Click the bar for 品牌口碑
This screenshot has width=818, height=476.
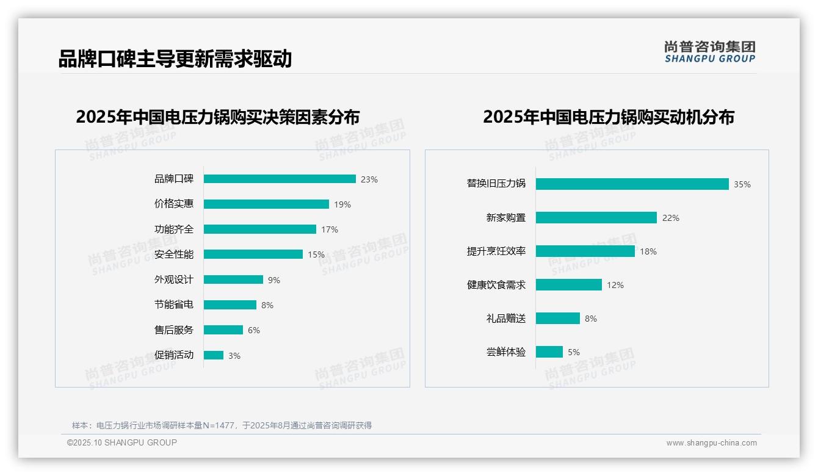pos(280,179)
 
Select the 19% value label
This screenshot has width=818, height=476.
pos(342,204)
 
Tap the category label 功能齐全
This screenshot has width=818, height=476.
pos(174,229)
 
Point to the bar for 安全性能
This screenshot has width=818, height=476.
pos(253,254)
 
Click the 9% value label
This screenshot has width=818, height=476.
pos(274,280)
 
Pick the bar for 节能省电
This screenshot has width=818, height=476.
pos(230,305)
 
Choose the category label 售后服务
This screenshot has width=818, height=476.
pos(174,330)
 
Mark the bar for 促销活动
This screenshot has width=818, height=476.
pos(214,355)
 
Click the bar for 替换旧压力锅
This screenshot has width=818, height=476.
pos(632,184)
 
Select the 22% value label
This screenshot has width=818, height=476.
pos(671,218)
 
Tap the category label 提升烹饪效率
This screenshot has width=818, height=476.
pos(496,251)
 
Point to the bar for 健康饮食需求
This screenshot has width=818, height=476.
pos(569,285)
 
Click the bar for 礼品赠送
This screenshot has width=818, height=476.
pos(558,319)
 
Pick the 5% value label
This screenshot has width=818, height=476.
pos(574,352)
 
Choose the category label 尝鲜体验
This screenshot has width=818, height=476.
pos(506,352)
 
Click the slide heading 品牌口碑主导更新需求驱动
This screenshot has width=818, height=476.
pos(175,59)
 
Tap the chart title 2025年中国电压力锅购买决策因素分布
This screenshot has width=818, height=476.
pos(218,117)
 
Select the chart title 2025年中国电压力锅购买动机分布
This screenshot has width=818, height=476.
pos(609,117)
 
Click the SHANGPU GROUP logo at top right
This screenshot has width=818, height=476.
pos(710,52)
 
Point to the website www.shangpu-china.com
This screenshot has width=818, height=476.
pos(711,443)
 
